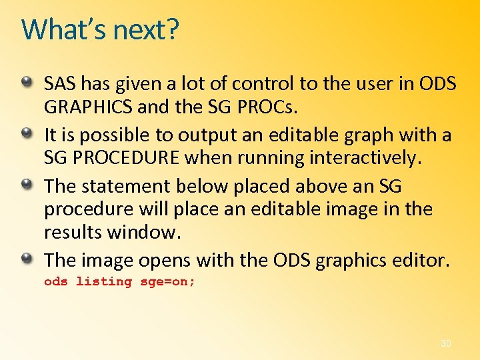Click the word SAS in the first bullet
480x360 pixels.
(x=57, y=83)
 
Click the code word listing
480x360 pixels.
(x=104, y=281)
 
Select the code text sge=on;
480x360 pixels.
(x=167, y=281)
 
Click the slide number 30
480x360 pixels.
(x=445, y=343)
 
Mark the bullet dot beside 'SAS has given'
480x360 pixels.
(x=27, y=83)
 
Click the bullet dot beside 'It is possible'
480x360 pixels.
(x=27, y=133)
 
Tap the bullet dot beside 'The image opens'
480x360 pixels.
(x=27, y=257)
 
